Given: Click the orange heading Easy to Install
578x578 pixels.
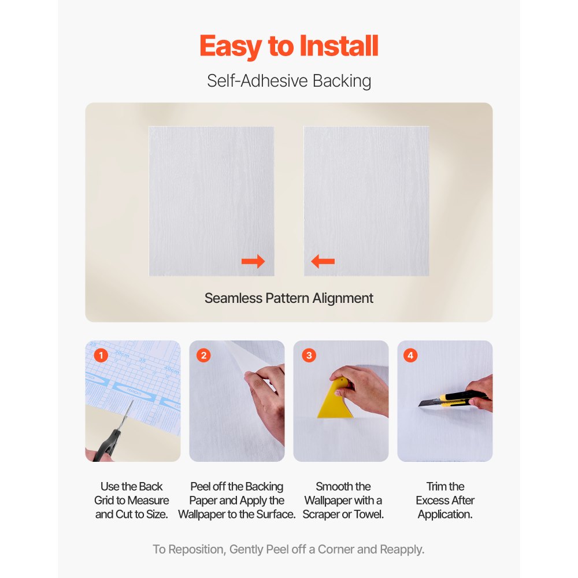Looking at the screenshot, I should (x=289, y=46).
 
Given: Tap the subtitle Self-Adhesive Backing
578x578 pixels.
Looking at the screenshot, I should (x=289, y=81).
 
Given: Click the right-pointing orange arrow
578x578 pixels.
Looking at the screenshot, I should (x=253, y=262).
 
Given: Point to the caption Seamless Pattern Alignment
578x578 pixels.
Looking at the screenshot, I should (x=289, y=298).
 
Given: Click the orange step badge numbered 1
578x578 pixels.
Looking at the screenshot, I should (x=101, y=355).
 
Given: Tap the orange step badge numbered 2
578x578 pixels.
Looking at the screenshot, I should (x=203, y=355).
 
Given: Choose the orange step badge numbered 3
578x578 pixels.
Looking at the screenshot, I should (x=309, y=355).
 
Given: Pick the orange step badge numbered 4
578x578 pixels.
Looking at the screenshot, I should (x=411, y=355).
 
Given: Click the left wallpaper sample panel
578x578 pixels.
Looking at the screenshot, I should (x=211, y=201).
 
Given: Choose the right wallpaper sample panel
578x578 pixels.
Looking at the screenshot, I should (x=366, y=201).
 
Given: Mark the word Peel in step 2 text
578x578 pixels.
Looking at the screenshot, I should (x=203, y=487).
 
